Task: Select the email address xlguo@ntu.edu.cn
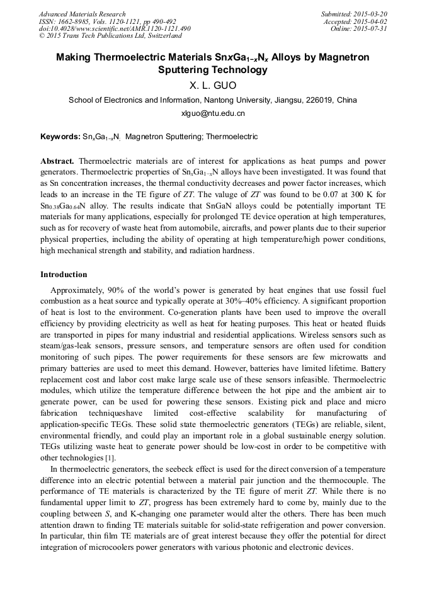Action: click(x=213, y=113)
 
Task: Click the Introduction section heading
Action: click(x=64, y=275)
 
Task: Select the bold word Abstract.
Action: click(x=57, y=161)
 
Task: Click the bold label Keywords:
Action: click(x=60, y=136)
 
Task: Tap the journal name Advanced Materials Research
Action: click(x=82, y=14)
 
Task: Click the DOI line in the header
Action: click(x=115, y=28)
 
